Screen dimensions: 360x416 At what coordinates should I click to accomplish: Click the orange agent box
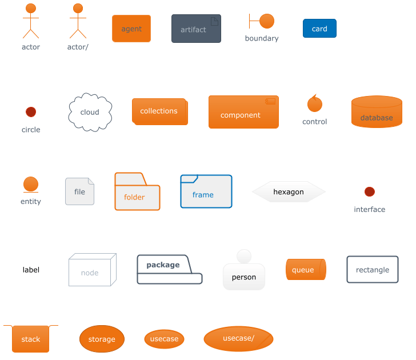point(131,29)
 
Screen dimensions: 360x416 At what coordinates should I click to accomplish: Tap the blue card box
point(319,29)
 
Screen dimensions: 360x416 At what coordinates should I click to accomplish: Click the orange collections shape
point(159,111)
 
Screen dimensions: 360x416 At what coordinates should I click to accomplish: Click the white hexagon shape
point(289,192)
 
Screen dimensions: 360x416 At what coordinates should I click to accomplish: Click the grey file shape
point(79,191)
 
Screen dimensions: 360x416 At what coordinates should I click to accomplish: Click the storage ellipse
point(102,339)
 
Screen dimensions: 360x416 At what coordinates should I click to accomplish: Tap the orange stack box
point(31,339)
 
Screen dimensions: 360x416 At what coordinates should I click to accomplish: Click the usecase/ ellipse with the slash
point(238,339)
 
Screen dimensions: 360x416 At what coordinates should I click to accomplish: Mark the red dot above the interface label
point(370,191)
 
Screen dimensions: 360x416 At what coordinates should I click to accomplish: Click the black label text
point(31,270)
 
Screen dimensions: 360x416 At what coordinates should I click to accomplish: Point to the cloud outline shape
point(90,112)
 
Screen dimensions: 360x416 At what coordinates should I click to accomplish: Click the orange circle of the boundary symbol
point(267,21)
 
